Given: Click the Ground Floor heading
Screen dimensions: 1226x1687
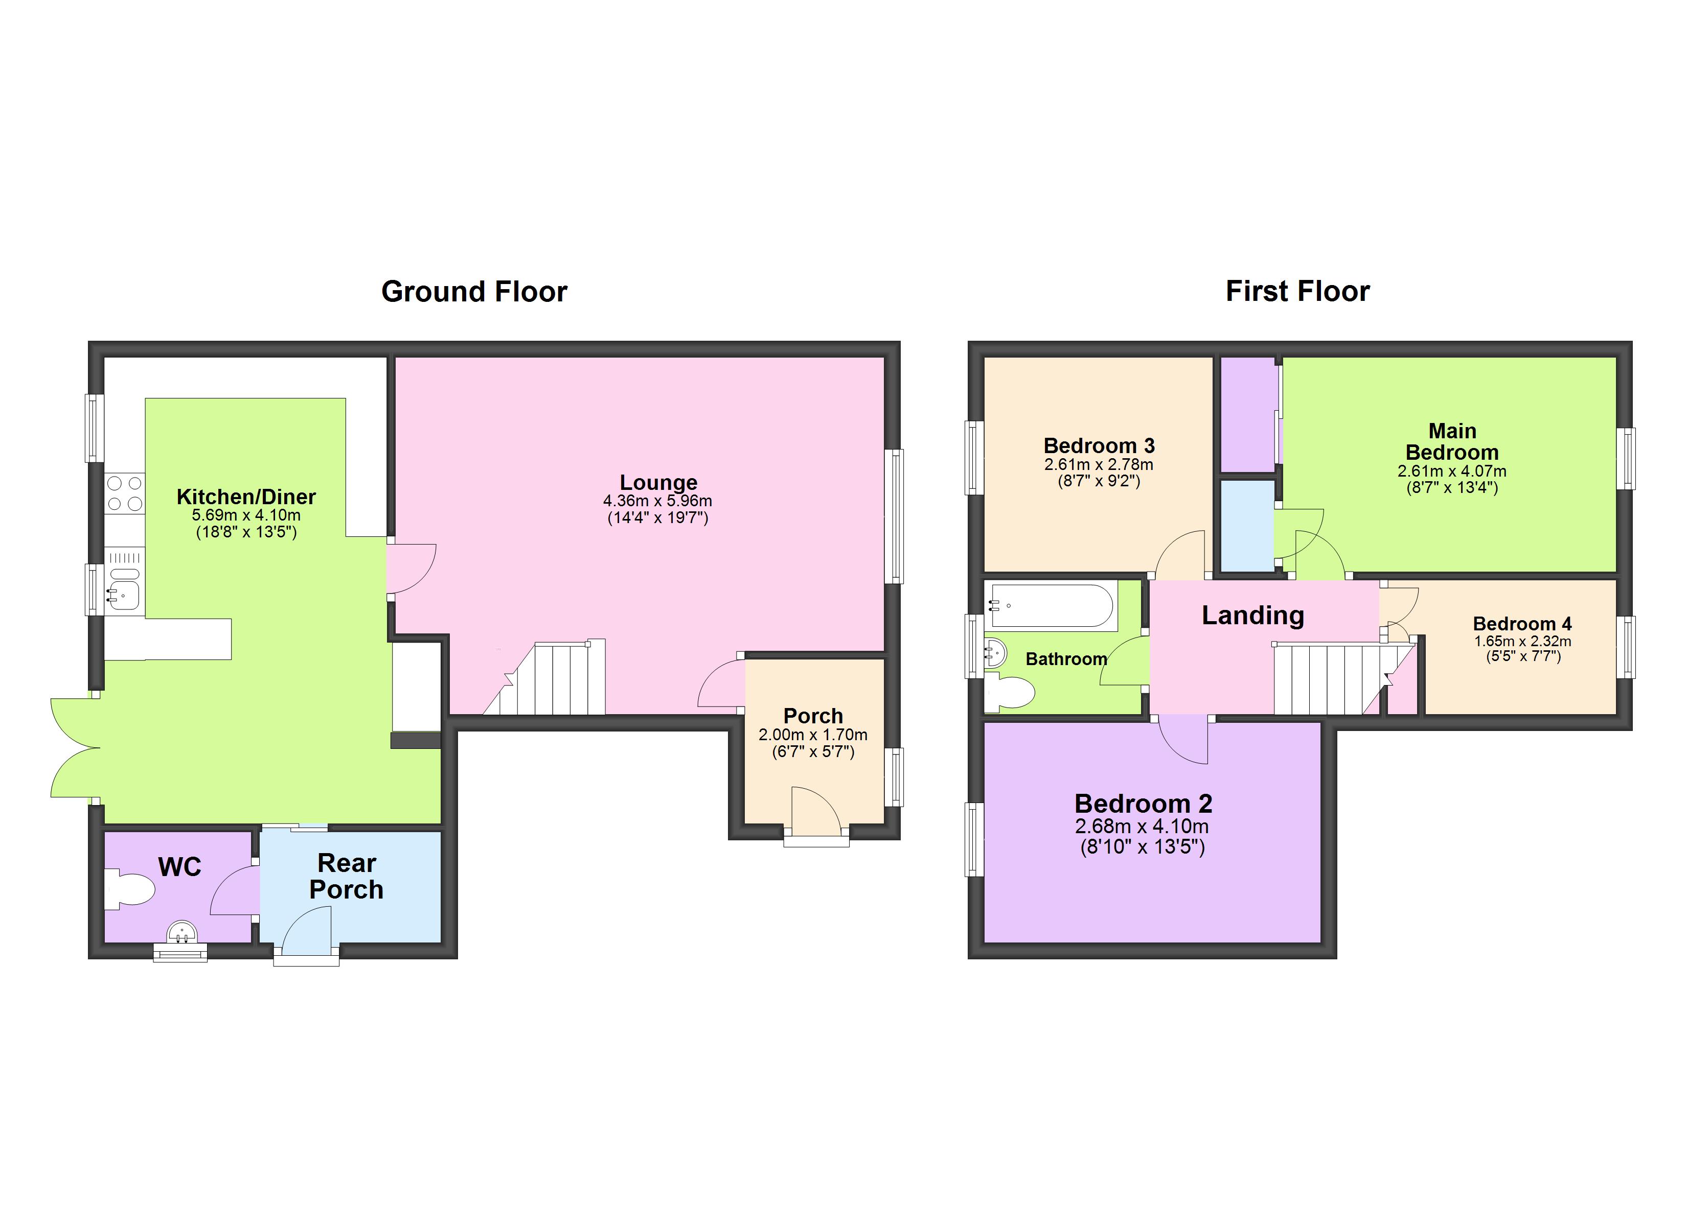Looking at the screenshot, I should (474, 292).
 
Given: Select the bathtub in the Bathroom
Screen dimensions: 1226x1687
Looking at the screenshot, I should (1052, 606).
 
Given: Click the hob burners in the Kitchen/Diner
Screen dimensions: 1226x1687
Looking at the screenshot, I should (124, 493).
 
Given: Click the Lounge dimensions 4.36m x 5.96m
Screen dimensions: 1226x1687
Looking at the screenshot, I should (657, 501).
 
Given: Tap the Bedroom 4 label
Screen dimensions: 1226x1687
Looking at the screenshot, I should (1522, 624).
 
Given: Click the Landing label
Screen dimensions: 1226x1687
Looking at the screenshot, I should (1252, 616).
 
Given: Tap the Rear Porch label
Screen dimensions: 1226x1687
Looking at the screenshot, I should (347, 876).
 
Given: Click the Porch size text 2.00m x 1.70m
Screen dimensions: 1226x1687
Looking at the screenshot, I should (812, 735).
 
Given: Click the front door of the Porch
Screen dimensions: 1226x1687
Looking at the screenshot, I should (815, 813).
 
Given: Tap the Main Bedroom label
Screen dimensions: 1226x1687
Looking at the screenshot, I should (1451, 442).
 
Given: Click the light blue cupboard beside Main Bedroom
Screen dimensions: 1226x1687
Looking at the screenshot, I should (1247, 526).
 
